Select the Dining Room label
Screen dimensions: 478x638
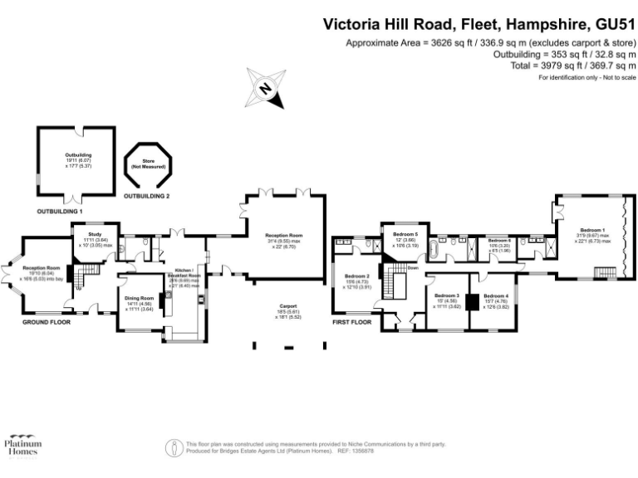140,301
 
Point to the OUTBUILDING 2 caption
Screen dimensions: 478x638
146,197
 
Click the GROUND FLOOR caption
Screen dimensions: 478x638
46,321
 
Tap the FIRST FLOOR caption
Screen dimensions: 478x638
351,321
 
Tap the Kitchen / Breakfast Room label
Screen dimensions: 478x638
184,276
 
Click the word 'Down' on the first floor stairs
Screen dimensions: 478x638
412,267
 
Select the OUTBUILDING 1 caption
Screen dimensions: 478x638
60,212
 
